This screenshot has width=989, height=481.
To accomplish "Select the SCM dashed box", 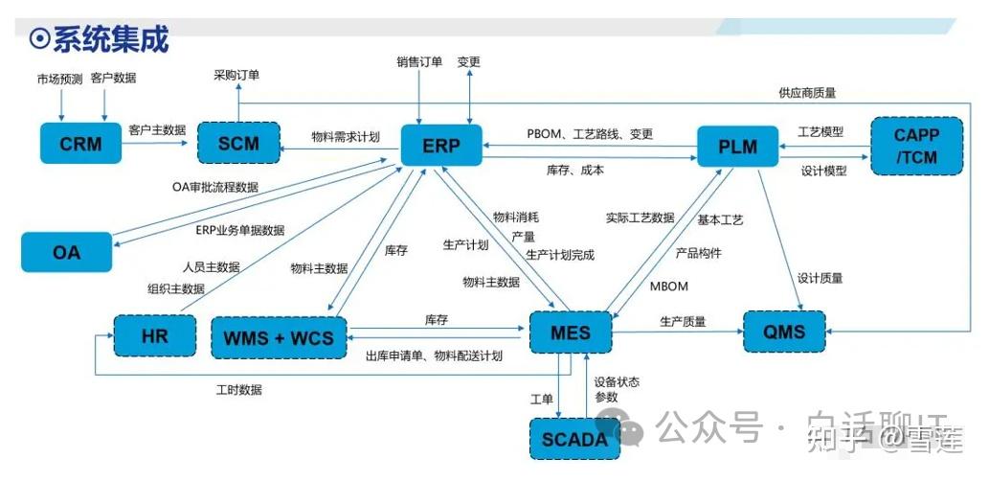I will (238, 144).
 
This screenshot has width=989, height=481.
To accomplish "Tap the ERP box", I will (440, 146).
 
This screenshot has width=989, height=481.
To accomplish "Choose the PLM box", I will (737, 147).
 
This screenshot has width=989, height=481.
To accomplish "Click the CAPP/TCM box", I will (915, 146).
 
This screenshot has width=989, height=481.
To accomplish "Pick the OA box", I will (66, 253).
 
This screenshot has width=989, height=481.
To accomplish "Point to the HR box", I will (154, 335).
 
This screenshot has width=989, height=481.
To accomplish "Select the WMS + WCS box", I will (279, 337).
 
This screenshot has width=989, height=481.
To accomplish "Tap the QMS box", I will (784, 332).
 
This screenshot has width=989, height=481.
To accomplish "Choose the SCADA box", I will (574, 440).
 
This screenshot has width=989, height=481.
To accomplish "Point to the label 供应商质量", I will (807, 93).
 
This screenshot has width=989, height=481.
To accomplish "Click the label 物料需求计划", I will (346, 137).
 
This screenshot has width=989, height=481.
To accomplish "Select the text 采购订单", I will (236, 74).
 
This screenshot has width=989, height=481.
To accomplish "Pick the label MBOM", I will (668, 286).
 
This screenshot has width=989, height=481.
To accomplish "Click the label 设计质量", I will (820, 278).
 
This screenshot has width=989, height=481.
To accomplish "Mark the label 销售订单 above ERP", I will (419, 62).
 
